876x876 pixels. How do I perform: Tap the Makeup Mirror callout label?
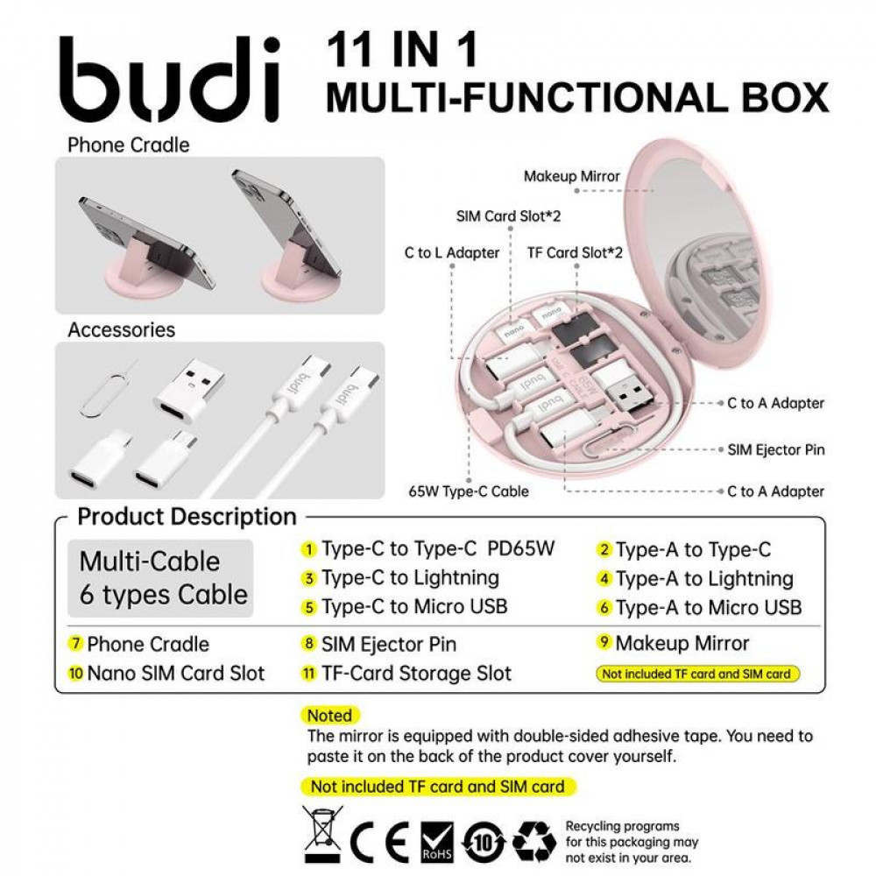pos(571,176)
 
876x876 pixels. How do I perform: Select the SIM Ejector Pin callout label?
pos(776,449)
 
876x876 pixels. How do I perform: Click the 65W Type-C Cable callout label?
pos(469,491)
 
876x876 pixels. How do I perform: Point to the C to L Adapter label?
pos(451,253)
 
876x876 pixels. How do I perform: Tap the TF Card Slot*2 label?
pos(575,253)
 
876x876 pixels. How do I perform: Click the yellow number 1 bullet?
pos(309,550)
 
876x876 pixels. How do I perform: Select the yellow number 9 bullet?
pos(604,643)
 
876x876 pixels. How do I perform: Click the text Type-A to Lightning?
pos(704,579)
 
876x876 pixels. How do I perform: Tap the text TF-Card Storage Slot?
pos(416,674)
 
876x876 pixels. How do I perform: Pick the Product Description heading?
pos(187,517)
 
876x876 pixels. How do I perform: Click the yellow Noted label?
pos(329,716)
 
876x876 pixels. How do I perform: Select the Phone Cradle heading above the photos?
pos(128,145)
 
